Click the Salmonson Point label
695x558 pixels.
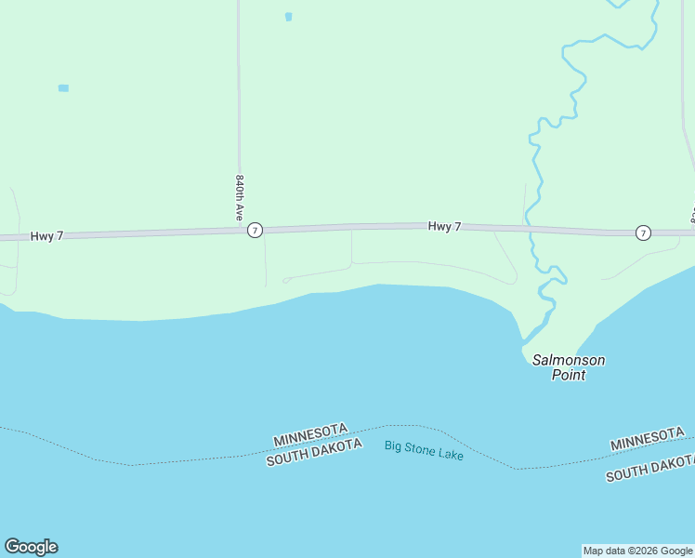coord(569,367)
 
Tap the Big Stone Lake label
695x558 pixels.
coord(424,450)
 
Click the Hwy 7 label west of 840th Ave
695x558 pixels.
coord(46,236)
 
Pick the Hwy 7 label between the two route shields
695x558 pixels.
coord(444,226)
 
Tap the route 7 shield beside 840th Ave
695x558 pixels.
coord(256,230)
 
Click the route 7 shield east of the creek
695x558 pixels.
coord(643,232)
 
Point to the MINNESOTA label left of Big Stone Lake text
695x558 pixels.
coord(310,434)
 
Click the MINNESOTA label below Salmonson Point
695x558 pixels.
coord(648,440)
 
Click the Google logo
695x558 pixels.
coord(31,547)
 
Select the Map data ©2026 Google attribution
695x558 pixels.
coord(637,551)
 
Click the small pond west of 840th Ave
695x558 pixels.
coord(63,88)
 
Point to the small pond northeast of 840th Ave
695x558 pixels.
coord(288,17)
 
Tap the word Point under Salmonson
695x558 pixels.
coord(569,376)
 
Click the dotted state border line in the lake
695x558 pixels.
coord(186,460)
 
